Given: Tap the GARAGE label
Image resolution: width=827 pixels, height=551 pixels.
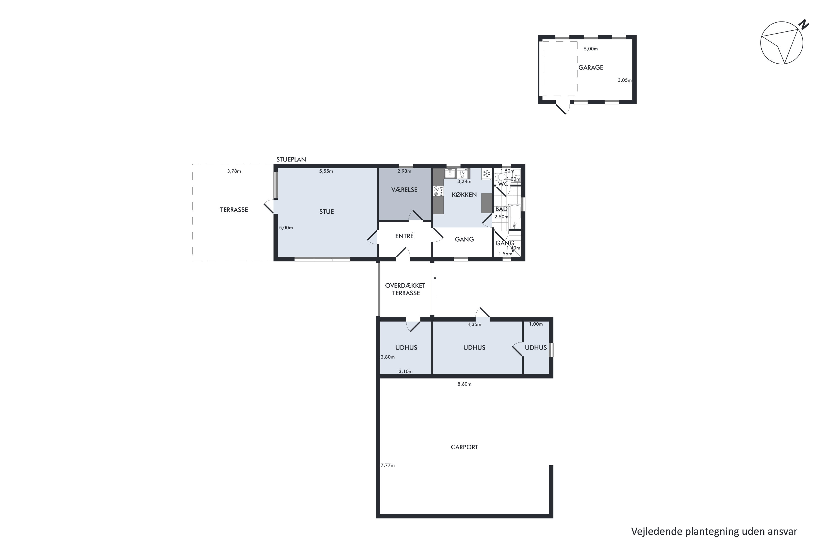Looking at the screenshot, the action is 591,67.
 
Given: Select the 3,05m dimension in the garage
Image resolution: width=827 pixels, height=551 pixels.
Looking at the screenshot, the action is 624,80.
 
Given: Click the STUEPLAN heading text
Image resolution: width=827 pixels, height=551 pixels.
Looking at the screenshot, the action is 291,160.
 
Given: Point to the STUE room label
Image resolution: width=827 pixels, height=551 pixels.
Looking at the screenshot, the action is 326,212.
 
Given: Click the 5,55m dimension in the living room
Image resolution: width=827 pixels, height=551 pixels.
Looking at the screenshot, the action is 326,171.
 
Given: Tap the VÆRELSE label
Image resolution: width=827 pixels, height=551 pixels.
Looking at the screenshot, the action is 404,190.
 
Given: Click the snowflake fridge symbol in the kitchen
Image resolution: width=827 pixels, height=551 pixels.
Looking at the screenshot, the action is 487,173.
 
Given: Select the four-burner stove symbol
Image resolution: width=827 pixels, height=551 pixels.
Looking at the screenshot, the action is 438,191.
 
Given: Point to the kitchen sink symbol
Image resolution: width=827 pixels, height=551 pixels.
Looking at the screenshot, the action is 450,173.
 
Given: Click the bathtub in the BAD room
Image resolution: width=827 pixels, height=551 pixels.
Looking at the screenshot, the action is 514,217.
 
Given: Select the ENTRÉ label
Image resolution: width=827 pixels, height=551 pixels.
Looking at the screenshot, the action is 404,236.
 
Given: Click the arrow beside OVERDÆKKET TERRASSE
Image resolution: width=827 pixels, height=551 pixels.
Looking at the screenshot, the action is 435,286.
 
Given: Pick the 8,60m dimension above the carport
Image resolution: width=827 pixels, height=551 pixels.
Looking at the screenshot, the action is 464,384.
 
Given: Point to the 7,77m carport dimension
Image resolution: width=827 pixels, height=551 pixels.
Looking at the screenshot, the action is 388,465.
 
